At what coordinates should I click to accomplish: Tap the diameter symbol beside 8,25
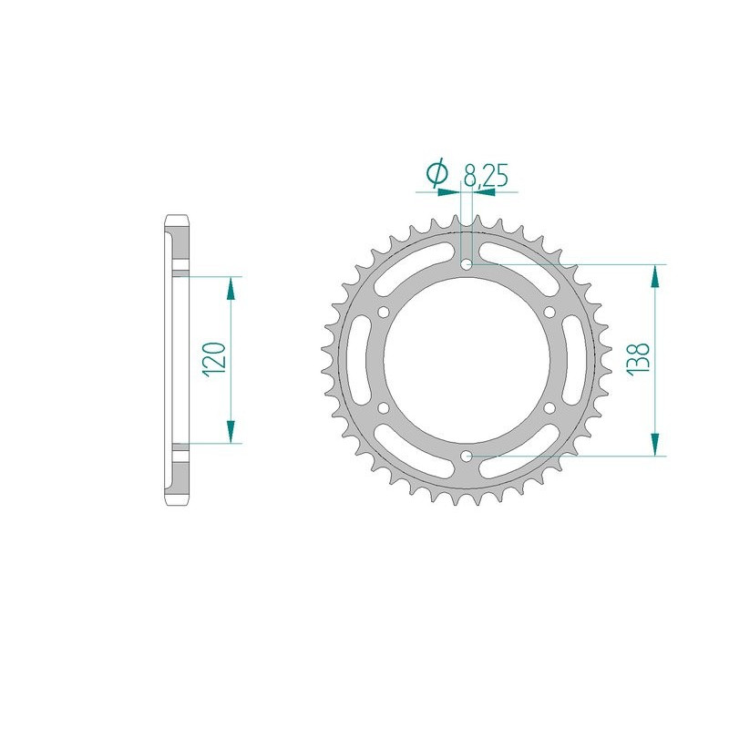coord(437,174)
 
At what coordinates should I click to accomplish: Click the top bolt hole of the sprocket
coord(467,264)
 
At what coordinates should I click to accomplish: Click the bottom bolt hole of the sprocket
coord(467,455)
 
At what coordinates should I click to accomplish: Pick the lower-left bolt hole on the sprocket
coord(384,407)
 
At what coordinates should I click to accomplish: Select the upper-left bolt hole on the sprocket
coord(384,313)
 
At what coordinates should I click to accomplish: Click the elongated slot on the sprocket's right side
coord(575,360)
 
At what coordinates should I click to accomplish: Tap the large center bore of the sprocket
coord(467,360)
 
